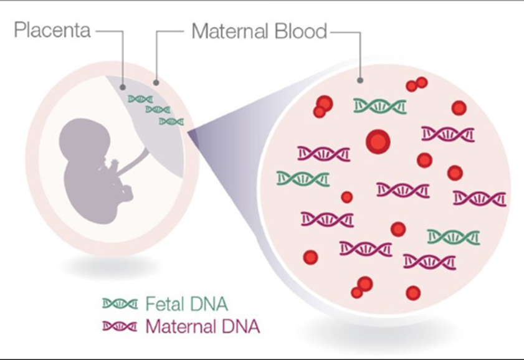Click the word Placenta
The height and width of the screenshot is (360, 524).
pyautogui.click(x=52, y=30)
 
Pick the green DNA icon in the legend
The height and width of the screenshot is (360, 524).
pyautogui.click(x=120, y=304)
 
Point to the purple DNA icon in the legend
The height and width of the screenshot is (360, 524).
pyautogui.click(x=120, y=326)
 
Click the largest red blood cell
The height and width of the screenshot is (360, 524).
pyautogui.click(x=378, y=141)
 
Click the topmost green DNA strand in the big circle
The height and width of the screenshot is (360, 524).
pyautogui.click(x=380, y=106)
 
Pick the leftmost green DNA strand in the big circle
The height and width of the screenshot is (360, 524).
pyautogui.click(x=303, y=179)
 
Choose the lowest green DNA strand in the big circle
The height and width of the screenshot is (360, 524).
pyautogui.click(x=454, y=237)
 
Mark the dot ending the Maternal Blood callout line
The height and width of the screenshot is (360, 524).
pyautogui.click(x=360, y=80)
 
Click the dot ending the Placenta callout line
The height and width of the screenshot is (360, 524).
pyautogui.click(x=123, y=87)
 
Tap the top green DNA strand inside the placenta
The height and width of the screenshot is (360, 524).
pyautogui.click(x=140, y=99)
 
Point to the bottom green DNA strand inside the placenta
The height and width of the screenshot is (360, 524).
pyautogui.click(x=171, y=121)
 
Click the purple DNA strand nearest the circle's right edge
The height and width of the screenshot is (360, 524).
pyautogui.click(x=479, y=198)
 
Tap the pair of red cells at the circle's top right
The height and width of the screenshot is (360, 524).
pyautogui.click(x=416, y=84)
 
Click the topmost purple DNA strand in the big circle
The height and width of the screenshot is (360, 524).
pyautogui.click(x=448, y=134)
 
